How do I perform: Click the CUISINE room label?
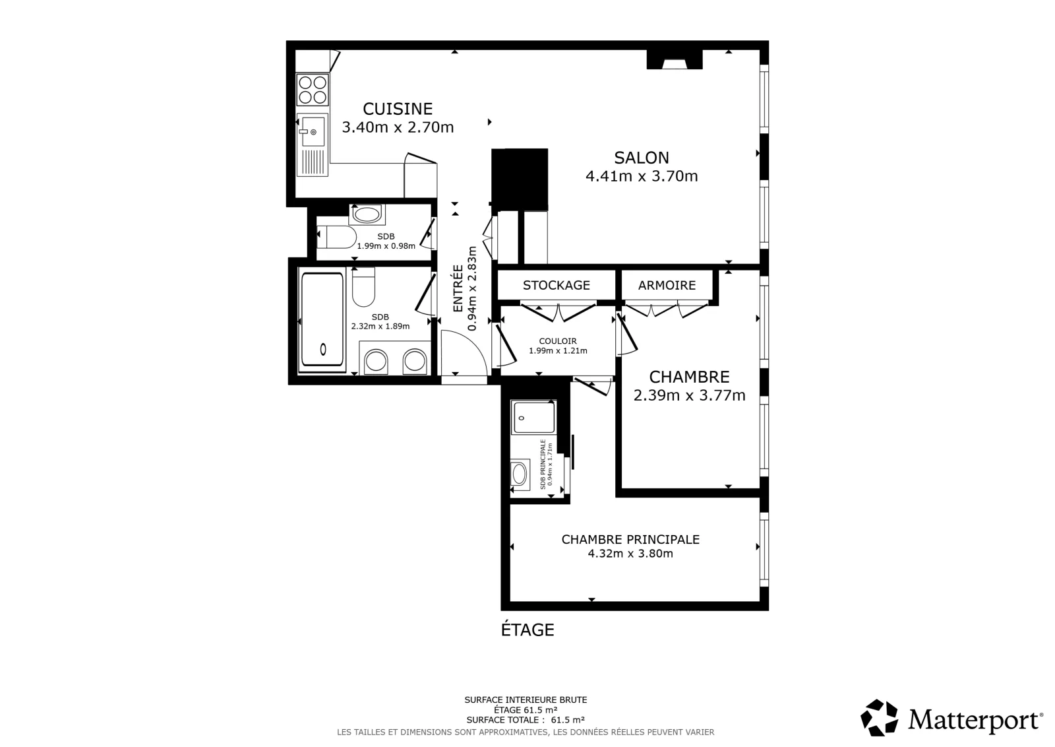pos(398,109)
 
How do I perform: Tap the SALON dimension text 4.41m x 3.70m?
pos(642,176)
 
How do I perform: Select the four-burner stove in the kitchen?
pos(313,90)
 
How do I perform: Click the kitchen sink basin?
pos(313,131)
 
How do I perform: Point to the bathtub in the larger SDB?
pos(322,319)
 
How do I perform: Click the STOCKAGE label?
pos(557,285)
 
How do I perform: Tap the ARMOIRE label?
pos(667,285)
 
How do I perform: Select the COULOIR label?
pos(558,341)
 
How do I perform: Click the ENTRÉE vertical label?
pos(458,288)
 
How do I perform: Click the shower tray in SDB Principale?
pos(533,417)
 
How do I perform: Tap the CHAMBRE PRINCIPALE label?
pos(630,539)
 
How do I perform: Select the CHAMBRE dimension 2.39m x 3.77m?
pos(690,395)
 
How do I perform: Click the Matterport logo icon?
pos(879,718)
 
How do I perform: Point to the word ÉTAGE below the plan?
pos(527,630)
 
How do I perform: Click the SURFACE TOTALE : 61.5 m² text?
pos(526,720)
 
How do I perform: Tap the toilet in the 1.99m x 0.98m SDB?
pos(336,237)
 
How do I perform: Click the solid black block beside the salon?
pos(520,179)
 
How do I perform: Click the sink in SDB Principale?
pos(520,474)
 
